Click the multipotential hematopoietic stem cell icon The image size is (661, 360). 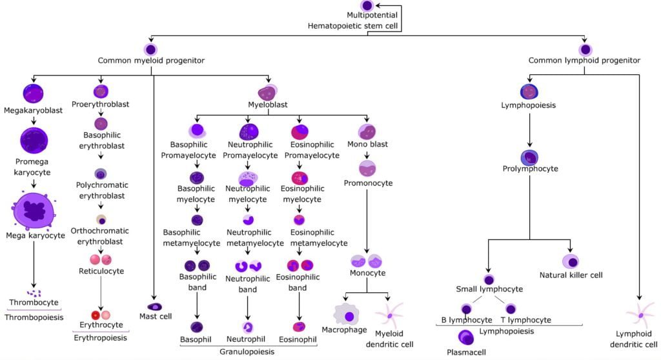pyautogui.click(x=367, y=6)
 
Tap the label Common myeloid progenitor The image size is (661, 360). pyautogui.click(x=151, y=61)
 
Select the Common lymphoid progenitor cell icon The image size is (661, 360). pyautogui.click(x=585, y=50)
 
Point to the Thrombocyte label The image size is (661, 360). pyautogui.click(x=34, y=302)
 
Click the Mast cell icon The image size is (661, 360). pyautogui.click(x=155, y=306)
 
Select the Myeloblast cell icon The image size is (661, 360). pyautogui.click(x=268, y=92)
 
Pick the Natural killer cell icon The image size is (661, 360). pyautogui.click(x=571, y=261)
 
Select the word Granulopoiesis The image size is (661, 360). pyautogui.click(x=248, y=352)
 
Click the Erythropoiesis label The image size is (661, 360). pyautogui.click(x=101, y=337)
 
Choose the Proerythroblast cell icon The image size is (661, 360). pyautogui.click(x=101, y=92)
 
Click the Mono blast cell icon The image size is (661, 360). pyautogui.click(x=367, y=132)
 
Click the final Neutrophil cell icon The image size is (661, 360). pyautogui.click(x=248, y=327)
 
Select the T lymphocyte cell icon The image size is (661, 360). pyautogui.click(x=511, y=309)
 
